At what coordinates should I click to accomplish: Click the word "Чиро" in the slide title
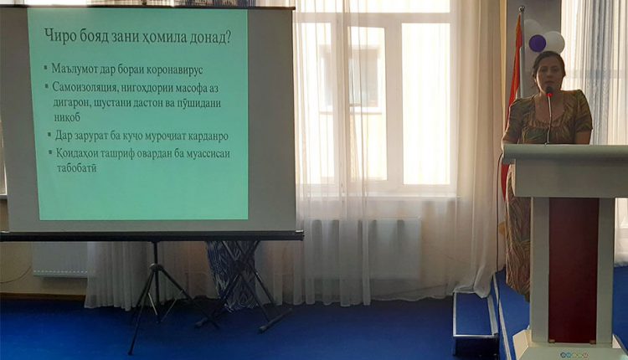(61, 36)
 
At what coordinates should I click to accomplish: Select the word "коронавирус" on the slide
(175, 69)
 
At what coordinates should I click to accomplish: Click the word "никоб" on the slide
(67, 117)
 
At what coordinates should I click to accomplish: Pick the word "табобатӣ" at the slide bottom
(76, 167)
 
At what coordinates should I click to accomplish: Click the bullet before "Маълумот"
(46, 67)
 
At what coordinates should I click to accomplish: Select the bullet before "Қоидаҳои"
(50, 152)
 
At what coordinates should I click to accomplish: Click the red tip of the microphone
(549, 94)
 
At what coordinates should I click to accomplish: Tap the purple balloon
(537, 43)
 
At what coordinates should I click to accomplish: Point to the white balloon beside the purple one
(555, 42)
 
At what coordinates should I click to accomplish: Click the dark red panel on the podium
(573, 270)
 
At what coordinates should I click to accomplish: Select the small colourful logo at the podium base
(574, 354)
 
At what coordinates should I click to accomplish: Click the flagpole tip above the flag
(522, 8)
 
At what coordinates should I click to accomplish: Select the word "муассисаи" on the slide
(208, 154)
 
